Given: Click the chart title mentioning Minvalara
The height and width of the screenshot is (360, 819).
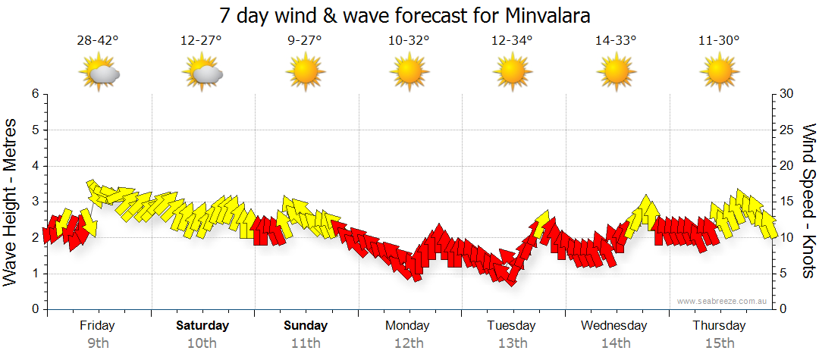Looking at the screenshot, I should point(404,15).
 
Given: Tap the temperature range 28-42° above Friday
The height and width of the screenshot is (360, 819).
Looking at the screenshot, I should point(98,41).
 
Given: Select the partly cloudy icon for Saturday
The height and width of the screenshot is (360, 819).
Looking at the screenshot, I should point(202,74).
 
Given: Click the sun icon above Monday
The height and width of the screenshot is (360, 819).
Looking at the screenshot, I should point(409,74).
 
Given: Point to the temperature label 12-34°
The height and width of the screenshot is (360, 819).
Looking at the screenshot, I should point(512,41).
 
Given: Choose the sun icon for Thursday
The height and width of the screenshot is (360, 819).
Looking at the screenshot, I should point(719,74).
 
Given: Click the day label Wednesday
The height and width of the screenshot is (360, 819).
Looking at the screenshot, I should point(614,326).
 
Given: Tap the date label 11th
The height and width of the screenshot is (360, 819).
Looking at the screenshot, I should point(306,343).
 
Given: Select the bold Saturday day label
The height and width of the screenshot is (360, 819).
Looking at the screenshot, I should point(202,326).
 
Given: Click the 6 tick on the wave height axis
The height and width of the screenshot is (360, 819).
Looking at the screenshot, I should point(34,94).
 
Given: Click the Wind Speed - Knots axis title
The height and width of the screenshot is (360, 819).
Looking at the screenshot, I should point(808,201).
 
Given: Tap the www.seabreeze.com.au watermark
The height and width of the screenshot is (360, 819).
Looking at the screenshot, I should point(723,301).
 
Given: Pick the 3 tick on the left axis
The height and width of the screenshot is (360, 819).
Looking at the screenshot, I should point(34,202).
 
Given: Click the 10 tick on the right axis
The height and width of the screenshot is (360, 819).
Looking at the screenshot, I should point(787,237).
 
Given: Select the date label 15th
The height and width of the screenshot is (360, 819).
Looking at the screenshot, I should point(719,343).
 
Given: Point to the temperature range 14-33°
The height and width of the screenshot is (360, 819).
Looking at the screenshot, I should point(615,41).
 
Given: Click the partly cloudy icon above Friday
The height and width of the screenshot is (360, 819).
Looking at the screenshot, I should point(99,74).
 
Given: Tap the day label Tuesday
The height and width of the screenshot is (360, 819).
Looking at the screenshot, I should point(511,326).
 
